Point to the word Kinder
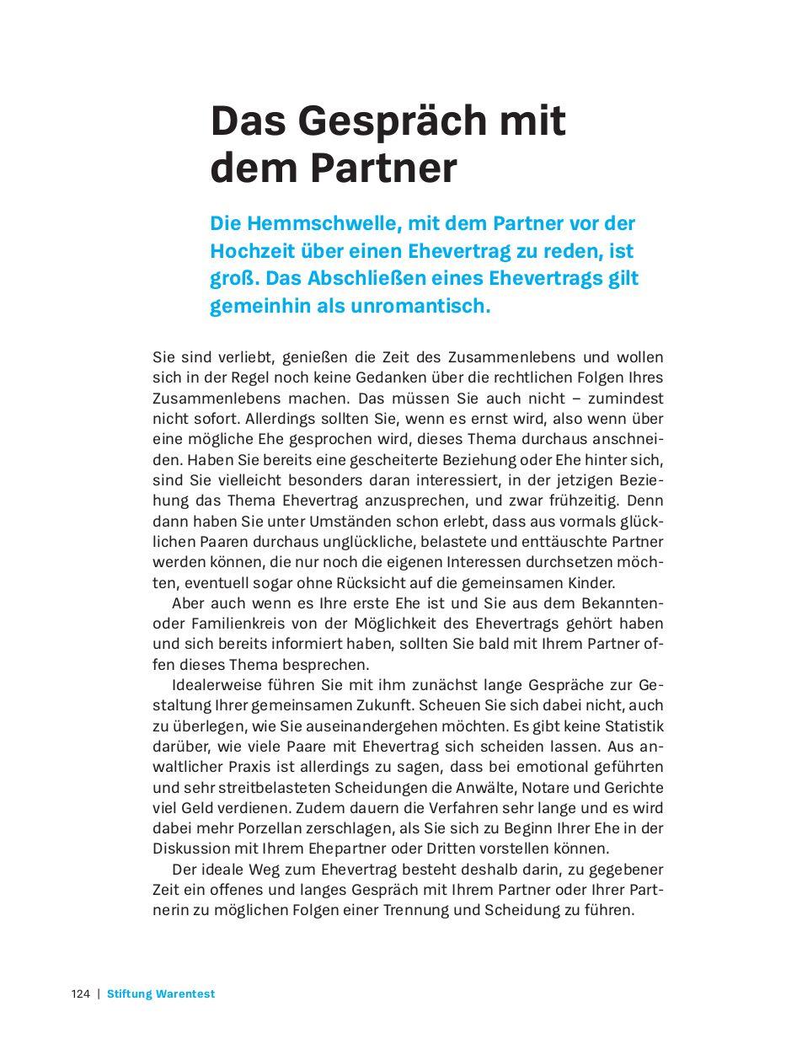click(594, 582)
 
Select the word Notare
click(578, 787)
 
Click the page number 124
click(80, 994)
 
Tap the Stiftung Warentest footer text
click(161, 994)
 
